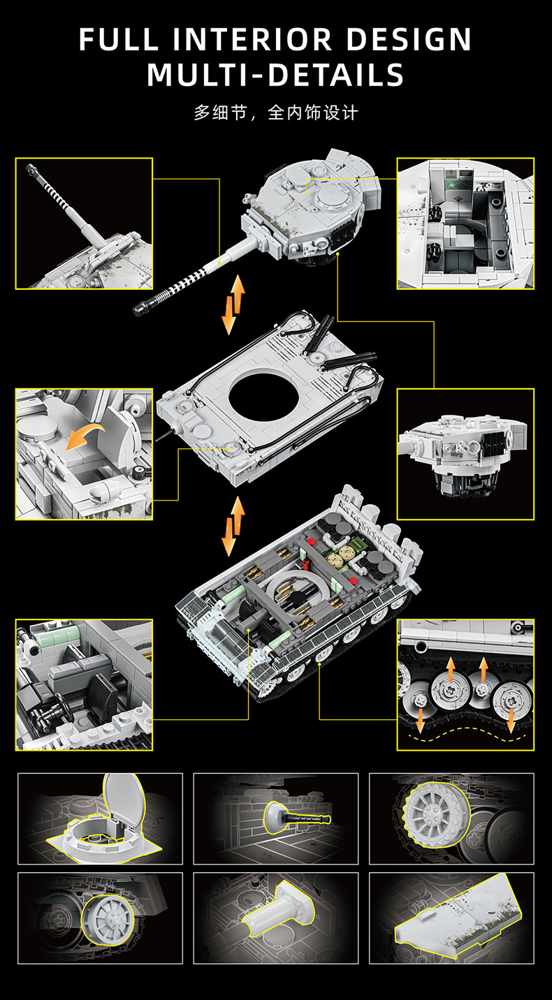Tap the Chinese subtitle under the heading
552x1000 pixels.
[275, 112]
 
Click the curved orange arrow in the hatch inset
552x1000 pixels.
[86, 437]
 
